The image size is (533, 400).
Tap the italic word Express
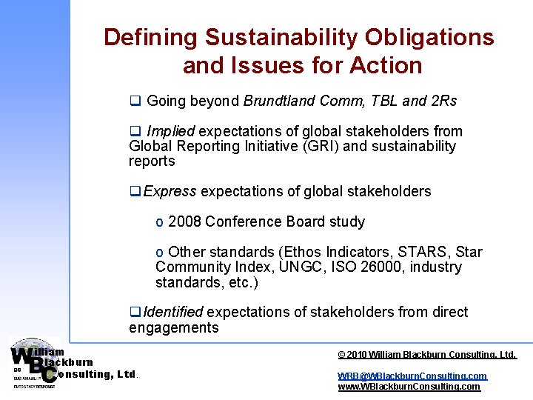pos(170,192)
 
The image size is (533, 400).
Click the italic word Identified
pos(173,313)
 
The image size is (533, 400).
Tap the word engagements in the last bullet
pos(173,327)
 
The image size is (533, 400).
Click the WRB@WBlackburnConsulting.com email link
pos(412,376)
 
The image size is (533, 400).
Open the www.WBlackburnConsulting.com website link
pos(409,387)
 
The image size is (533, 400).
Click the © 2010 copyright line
pos(426,355)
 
